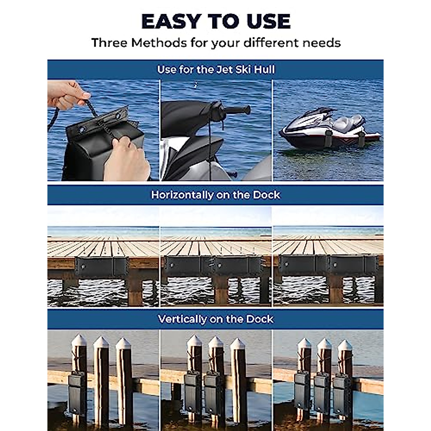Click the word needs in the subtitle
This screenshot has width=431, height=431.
(321, 43)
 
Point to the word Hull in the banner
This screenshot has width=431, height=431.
(264, 69)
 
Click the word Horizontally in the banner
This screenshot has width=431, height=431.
(182, 195)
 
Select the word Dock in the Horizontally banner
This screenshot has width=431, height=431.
(266, 195)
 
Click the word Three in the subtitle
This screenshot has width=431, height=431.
(110, 43)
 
